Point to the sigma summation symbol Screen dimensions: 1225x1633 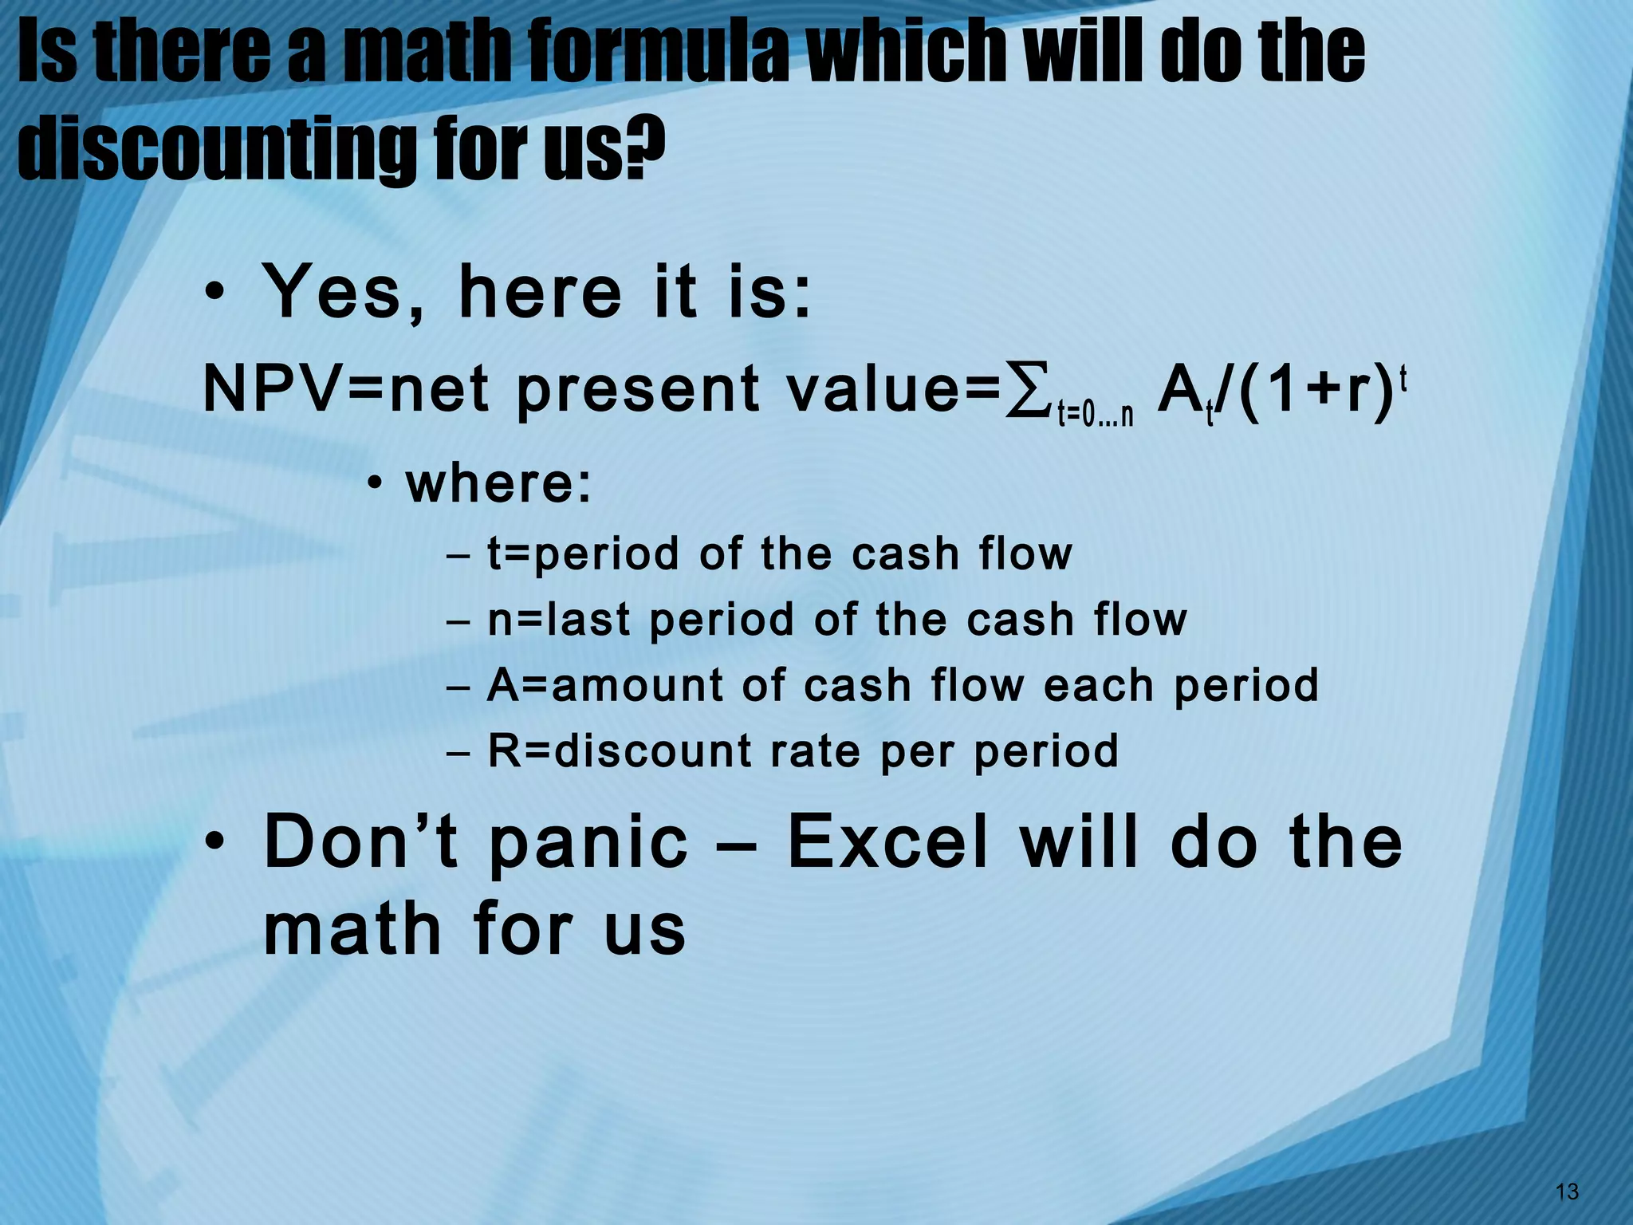pos(1026,392)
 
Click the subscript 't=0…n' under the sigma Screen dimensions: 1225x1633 pos(1095,416)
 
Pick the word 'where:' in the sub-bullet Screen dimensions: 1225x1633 pos(499,484)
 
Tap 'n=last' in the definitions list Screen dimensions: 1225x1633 pos(559,620)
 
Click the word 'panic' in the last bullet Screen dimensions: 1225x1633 pos(588,844)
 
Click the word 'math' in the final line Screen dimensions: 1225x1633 pos(352,929)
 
